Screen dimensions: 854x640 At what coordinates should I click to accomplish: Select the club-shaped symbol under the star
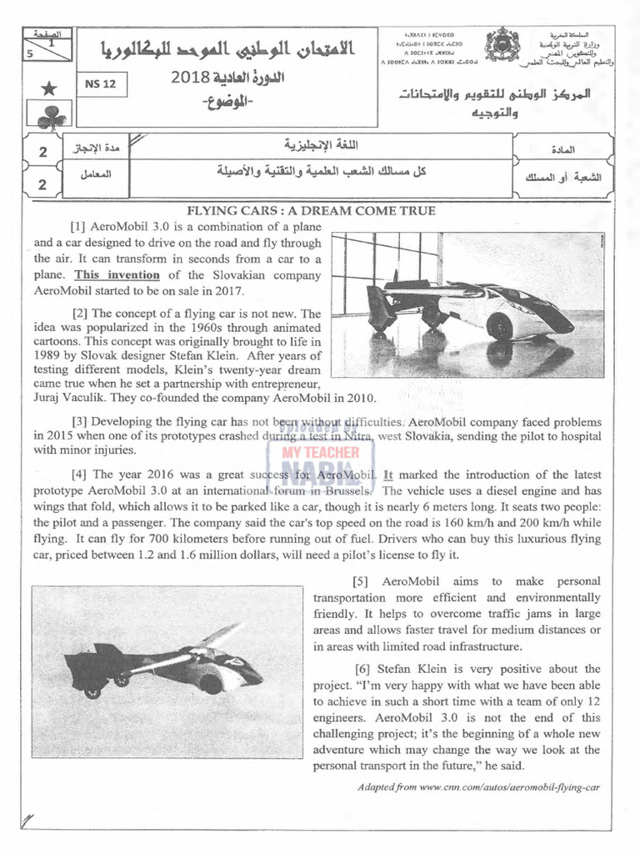pos(51,118)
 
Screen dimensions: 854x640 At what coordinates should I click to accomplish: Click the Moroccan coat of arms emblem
pos(502,45)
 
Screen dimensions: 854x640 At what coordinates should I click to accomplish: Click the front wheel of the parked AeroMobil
pos(499,326)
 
